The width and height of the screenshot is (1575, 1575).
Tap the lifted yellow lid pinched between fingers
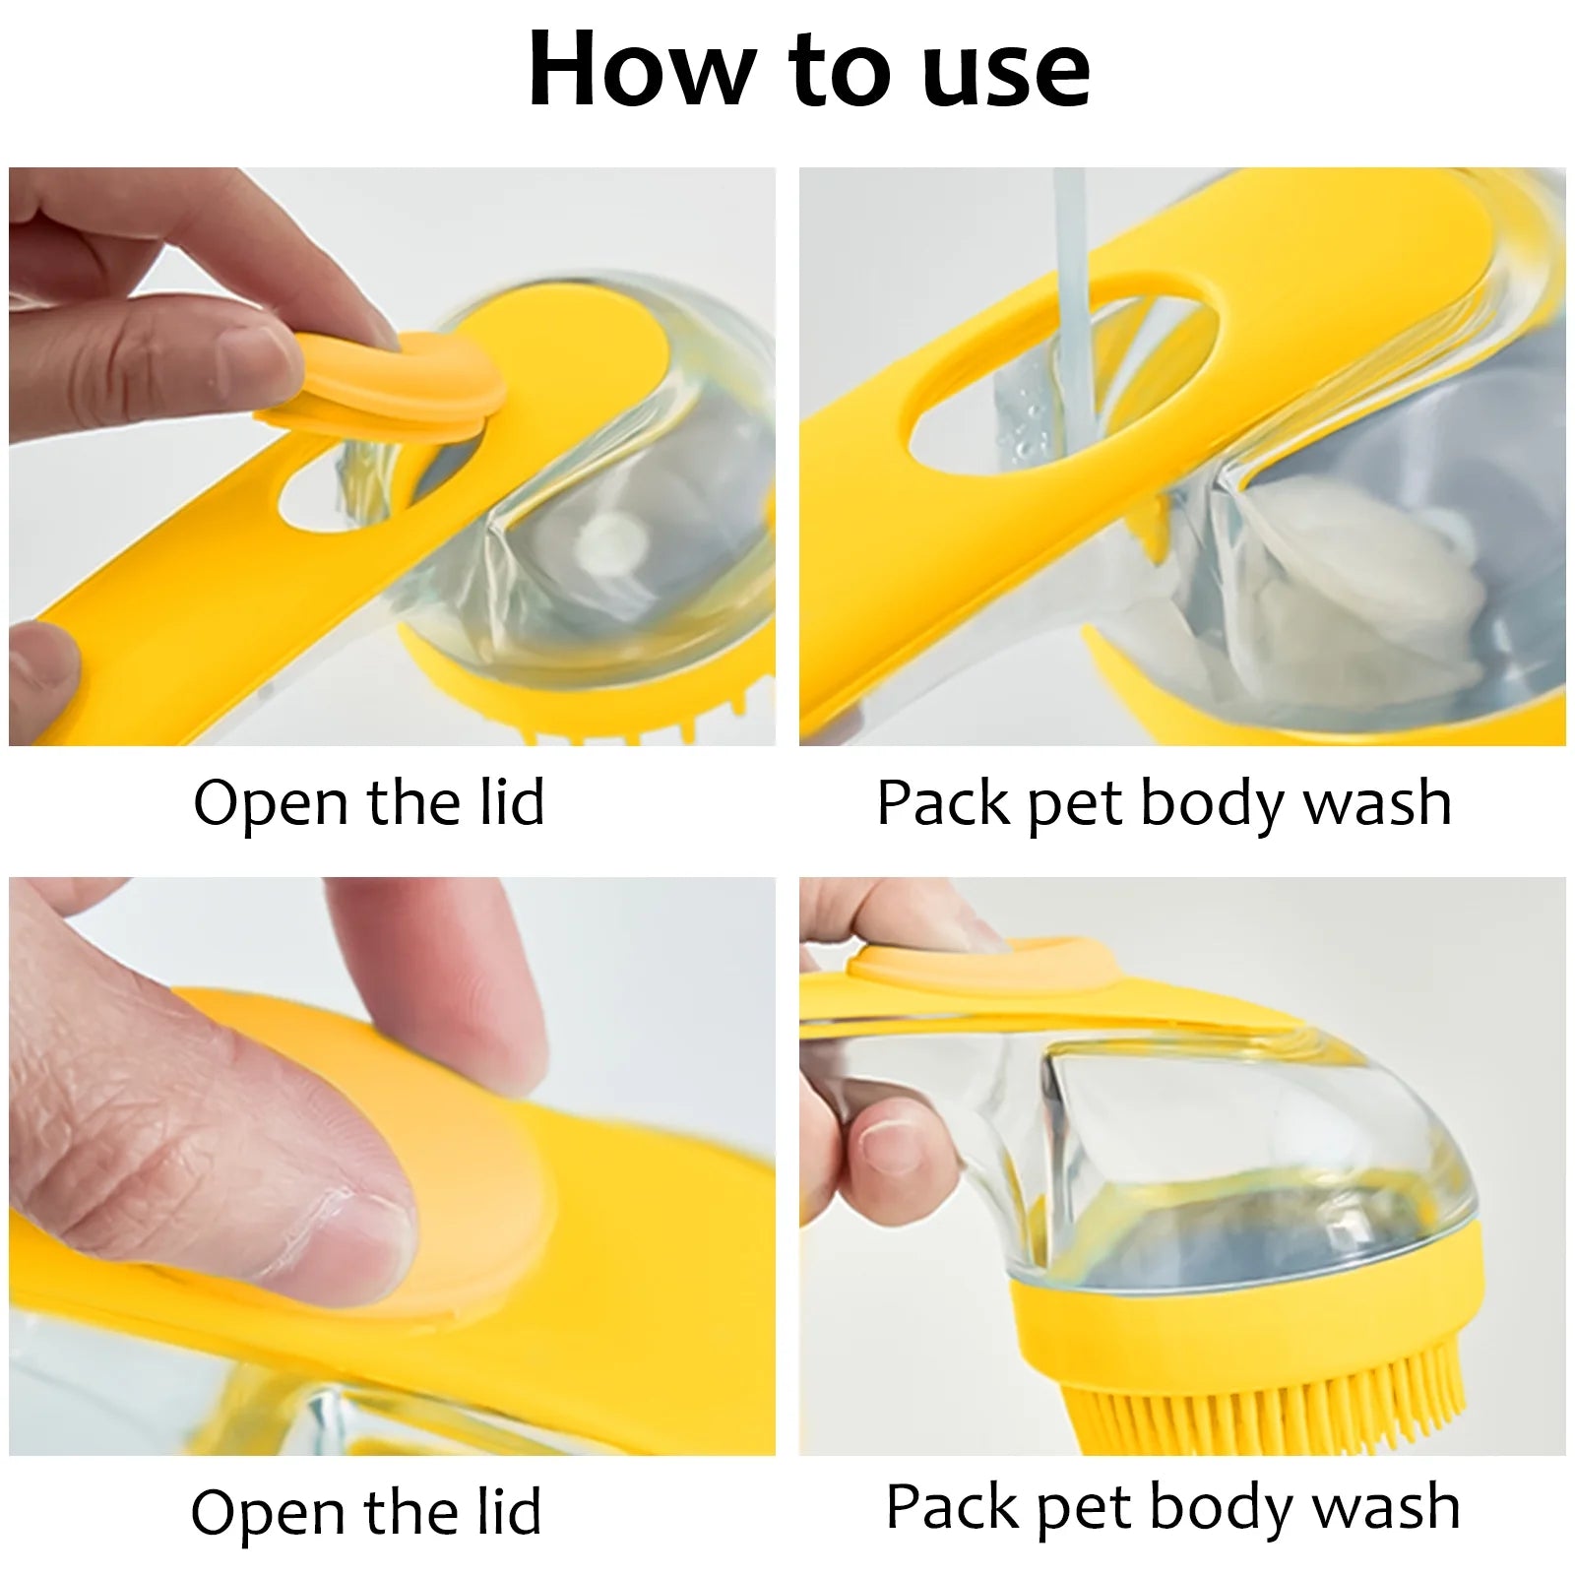click(x=394, y=379)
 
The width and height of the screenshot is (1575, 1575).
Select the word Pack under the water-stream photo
click(x=943, y=804)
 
